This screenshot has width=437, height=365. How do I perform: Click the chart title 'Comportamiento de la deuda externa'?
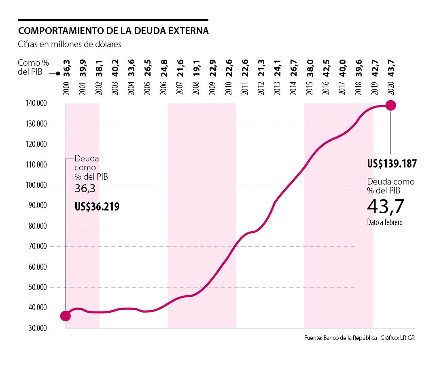(x=113, y=31)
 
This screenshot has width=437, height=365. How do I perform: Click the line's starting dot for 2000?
(x=66, y=316)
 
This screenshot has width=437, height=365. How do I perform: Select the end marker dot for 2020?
(x=390, y=105)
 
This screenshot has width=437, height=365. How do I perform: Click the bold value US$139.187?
(x=392, y=164)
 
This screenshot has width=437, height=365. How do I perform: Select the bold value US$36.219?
(x=97, y=206)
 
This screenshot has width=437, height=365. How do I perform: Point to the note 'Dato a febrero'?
(x=385, y=223)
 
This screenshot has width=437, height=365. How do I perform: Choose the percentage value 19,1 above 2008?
(x=196, y=67)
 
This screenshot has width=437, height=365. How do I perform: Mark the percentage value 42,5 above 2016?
(x=326, y=67)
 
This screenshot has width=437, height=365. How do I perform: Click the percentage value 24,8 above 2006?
(x=164, y=67)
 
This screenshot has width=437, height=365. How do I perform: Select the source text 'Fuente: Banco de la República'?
(x=341, y=338)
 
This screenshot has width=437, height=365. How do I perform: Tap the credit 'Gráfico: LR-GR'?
(x=398, y=338)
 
